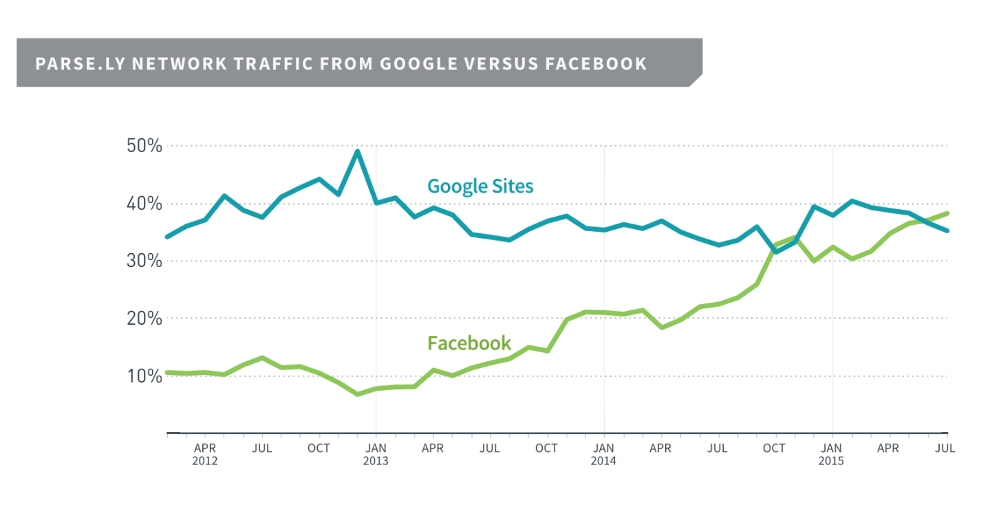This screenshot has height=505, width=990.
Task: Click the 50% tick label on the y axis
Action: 144,146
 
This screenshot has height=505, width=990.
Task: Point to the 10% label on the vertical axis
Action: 144,376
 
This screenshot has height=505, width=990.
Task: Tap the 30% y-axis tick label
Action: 144,261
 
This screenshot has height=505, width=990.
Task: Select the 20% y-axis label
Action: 144,319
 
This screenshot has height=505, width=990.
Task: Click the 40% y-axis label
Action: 144,204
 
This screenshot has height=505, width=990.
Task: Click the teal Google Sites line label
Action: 480,186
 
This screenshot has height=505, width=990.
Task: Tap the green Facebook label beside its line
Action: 469,343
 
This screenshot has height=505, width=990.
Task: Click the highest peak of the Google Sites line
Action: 357,151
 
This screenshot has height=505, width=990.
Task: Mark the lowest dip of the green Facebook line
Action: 357,394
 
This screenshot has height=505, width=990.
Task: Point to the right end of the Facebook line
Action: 947,213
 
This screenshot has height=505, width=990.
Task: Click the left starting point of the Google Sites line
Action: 167,237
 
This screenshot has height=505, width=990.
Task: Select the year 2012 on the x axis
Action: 205,461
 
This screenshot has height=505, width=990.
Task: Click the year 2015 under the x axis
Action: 831,461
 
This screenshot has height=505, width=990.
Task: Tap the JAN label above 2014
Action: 603,449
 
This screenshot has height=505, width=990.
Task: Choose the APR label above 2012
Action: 205,449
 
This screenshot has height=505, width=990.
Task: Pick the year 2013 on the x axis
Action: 376,461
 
